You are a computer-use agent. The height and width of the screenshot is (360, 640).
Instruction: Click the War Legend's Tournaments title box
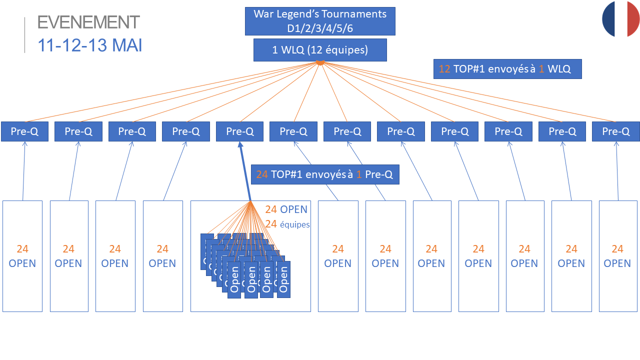[x=320, y=21]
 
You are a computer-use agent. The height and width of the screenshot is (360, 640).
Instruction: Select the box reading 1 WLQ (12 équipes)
[x=320, y=50]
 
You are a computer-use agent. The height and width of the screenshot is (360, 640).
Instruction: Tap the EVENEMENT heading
[x=88, y=22]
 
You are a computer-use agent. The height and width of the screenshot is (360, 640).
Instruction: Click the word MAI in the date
[x=127, y=45]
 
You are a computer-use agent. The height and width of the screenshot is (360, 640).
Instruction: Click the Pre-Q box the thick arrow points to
[x=240, y=131]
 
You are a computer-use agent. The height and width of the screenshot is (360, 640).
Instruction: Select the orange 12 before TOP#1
[x=444, y=69]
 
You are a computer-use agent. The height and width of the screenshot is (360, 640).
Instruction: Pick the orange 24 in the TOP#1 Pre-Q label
[x=262, y=174]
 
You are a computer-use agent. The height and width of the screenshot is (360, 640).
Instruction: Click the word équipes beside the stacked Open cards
[x=294, y=225]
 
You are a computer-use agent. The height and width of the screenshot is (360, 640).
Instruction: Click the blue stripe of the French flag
[x=608, y=19]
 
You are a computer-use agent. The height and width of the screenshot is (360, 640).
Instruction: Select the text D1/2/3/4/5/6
[x=320, y=28]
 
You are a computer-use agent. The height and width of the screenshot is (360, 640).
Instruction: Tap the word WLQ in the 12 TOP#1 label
[x=559, y=69]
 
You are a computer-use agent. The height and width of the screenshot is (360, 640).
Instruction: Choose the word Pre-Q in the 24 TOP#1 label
[x=379, y=174]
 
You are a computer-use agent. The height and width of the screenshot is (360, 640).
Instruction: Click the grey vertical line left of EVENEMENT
[x=24, y=35]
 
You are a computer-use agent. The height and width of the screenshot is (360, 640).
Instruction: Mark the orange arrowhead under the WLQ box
[x=320, y=63]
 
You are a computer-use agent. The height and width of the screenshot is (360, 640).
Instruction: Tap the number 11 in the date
[x=46, y=45]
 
